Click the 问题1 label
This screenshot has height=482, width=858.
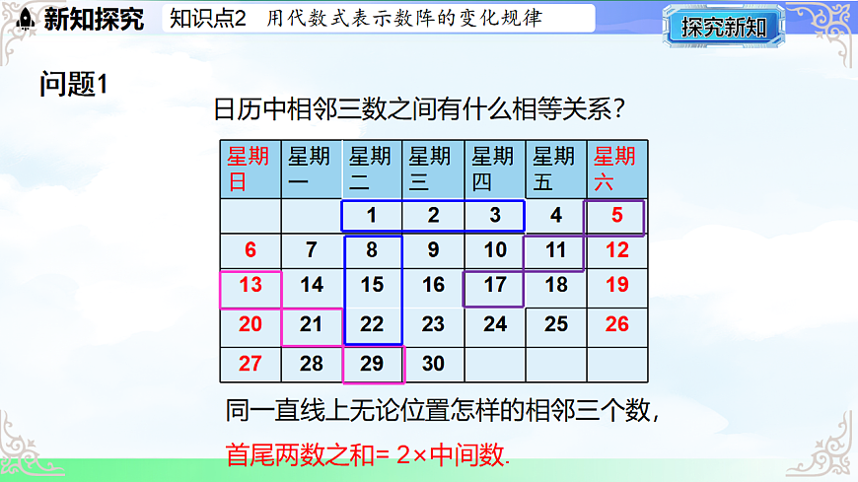72,85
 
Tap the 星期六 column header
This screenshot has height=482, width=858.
615,169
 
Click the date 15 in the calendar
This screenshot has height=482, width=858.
372,285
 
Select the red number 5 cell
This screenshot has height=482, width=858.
617,215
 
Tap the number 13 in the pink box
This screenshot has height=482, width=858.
250,285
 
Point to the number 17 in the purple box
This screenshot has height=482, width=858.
495,285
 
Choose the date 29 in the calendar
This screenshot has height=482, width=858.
372,363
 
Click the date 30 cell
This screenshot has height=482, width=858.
433,363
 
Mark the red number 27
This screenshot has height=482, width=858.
250,363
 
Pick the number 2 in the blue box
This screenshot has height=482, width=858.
433,215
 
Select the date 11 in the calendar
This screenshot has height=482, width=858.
556,249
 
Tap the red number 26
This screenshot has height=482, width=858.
617,323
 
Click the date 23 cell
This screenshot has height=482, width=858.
433,323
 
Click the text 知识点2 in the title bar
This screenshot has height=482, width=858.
205,18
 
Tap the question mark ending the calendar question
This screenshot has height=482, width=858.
623,109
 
